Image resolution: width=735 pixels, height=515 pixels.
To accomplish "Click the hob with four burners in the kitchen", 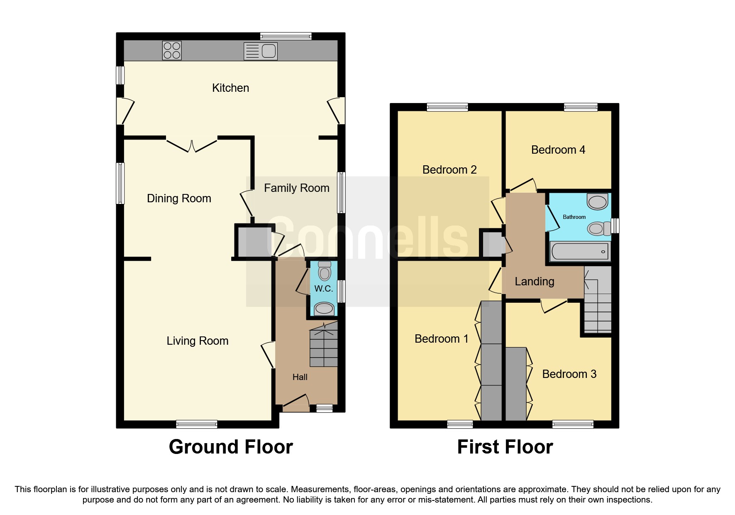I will [171, 51].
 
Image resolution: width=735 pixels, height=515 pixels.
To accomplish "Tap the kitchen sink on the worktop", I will [261, 51].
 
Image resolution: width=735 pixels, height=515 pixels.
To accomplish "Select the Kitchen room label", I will [230, 88].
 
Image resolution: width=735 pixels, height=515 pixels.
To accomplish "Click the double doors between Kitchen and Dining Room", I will [192, 145].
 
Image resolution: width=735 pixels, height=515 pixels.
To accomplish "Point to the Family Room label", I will [296, 188].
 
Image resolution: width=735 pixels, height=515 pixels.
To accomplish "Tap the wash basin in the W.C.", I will [324, 309].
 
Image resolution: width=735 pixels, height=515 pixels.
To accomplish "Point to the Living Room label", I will [197, 341].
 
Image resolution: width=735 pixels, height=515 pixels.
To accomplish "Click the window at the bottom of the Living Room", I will [196, 424].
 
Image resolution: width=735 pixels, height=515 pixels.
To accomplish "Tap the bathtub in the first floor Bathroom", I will [580, 252].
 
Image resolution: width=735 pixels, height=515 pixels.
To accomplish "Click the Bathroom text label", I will [574, 217].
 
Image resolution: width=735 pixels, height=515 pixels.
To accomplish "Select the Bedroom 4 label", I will [558, 150].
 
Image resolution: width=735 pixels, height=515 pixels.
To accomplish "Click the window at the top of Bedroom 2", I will [447, 107].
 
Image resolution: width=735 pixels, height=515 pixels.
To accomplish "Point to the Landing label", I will [534, 282].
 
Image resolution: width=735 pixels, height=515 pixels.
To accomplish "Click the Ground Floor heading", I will [231, 447].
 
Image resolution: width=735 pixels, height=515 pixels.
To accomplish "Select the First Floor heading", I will [505, 447].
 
